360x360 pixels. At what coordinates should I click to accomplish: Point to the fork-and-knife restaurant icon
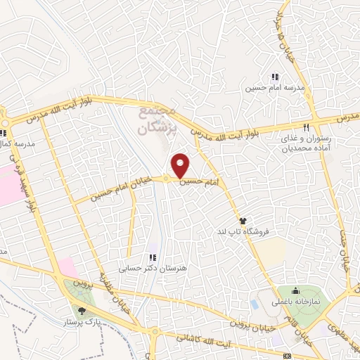pyautogui.click(x=307, y=127)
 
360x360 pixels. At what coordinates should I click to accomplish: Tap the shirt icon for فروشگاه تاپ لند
pyautogui.click(x=244, y=221)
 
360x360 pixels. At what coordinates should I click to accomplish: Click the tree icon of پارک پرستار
pyautogui.click(x=82, y=309)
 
